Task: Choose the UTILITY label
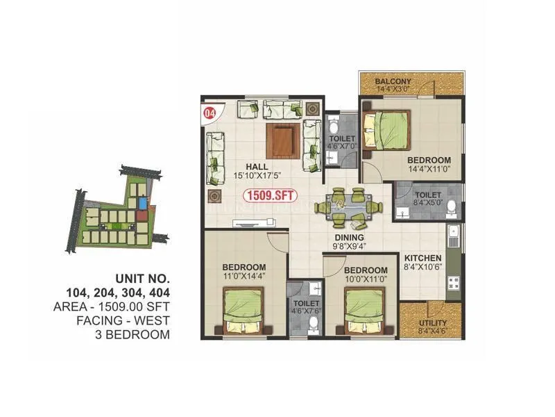point(433,323)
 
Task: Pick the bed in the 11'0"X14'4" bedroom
point(244,311)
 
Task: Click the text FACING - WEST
point(124,320)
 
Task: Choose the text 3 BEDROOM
point(131,334)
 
